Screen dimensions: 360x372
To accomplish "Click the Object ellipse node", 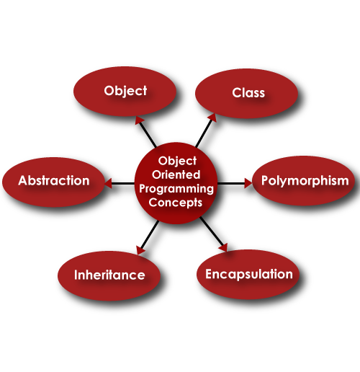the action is click(x=125, y=92).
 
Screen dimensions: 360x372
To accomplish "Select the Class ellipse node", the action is click(x=247, y=94).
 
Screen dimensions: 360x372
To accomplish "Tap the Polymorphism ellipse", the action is click(x=304, y=181).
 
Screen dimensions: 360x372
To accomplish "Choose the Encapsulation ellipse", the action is click(x=248, y=275).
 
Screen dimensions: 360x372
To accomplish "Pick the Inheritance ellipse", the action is click(x=109, y=275).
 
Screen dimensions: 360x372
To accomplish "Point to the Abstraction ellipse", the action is click(x=54, y=182).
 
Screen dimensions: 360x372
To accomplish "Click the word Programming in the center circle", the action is click(x=176, y=190).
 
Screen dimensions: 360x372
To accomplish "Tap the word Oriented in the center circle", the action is click(x=176, y=174).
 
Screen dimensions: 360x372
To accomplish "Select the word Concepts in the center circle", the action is click(x=176, y=203).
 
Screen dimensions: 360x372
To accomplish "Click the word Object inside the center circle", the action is click(x=177, y=161).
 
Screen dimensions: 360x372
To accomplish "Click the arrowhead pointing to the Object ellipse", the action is click(x=140, y=120).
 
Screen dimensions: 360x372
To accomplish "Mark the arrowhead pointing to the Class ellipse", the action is click(x=212, y=118).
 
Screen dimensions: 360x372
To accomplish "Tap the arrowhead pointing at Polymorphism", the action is click(x=248, y=183).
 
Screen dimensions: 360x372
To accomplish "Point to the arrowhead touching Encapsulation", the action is click(x=223, y=248).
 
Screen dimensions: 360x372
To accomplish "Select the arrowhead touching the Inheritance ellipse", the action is click(x=140, y=249).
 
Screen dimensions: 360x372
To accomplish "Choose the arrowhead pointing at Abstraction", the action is click(x=108, y=183).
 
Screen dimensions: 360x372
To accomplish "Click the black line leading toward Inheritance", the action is click(x=150, y=234).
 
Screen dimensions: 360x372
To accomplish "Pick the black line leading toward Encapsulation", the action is click(x=211, y=232).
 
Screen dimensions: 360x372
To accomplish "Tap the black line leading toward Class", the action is click(x=204, y=133).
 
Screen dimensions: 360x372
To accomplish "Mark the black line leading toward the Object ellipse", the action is click(x=148, y=134).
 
